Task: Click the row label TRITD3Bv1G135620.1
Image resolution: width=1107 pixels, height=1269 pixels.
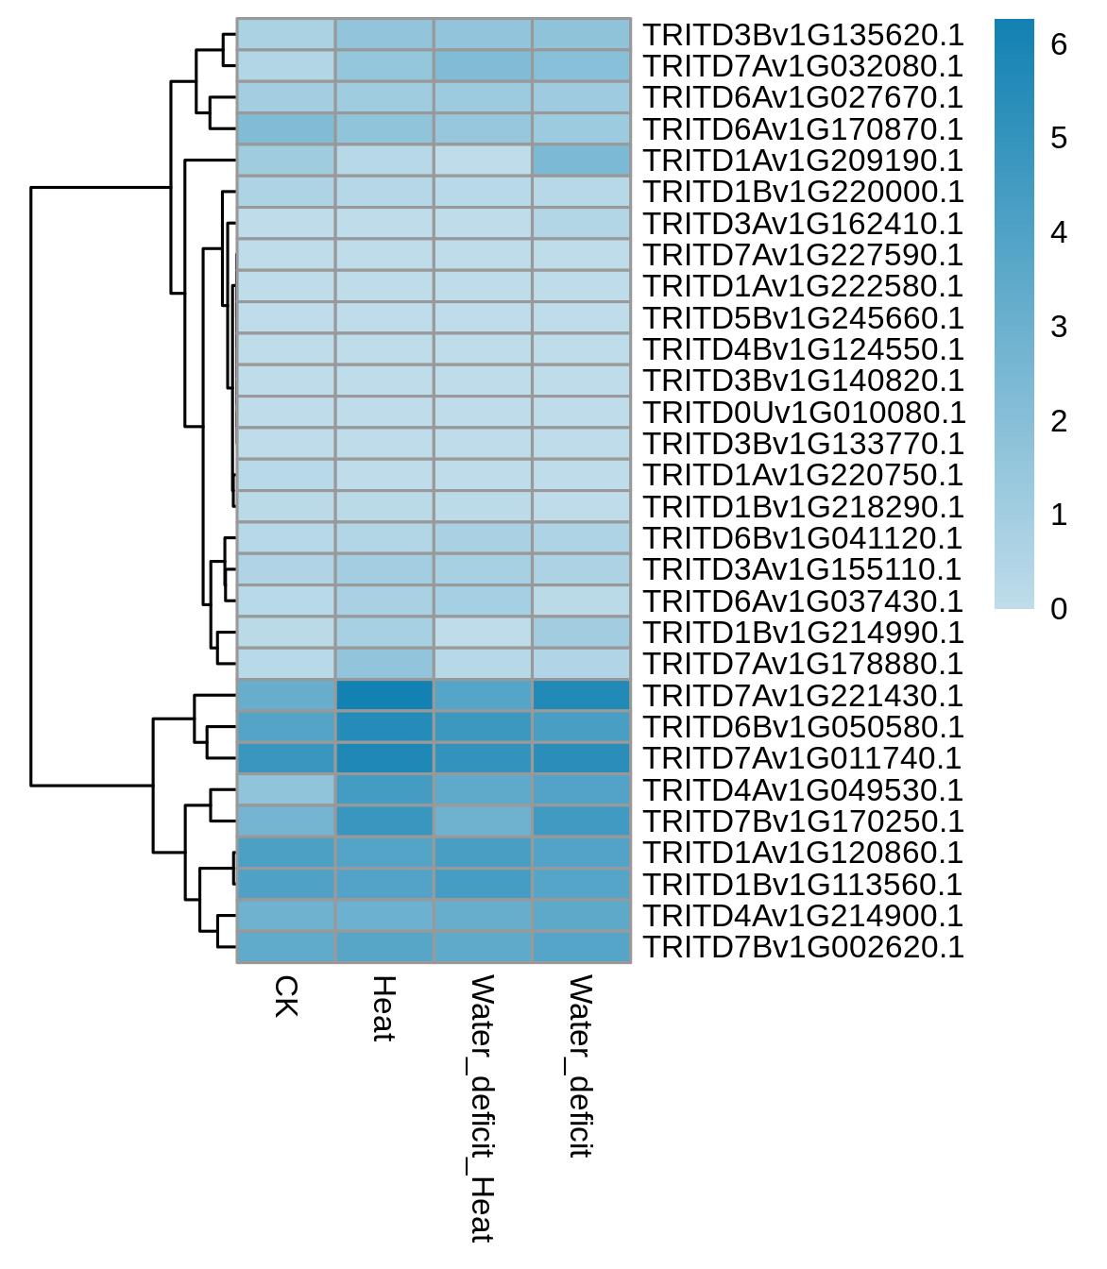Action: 802,35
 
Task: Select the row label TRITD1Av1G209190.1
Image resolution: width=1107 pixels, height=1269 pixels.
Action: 802,161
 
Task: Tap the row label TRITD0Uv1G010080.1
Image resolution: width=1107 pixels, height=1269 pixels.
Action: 804,413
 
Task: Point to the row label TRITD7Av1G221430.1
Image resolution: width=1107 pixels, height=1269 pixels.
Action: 802,695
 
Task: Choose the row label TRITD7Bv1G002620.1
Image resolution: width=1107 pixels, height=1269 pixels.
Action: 802,947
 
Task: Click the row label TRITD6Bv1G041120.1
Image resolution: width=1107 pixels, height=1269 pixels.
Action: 802,538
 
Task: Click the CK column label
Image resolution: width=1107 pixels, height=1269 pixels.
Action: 286,996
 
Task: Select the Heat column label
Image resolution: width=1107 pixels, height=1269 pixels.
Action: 384,1008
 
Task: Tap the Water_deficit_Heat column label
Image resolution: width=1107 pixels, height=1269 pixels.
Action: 482,1109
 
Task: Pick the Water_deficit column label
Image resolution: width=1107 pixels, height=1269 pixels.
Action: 581,1066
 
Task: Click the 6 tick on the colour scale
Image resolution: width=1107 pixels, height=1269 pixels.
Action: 1059,44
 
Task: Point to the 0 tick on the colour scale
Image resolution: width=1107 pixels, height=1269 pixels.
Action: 1059,608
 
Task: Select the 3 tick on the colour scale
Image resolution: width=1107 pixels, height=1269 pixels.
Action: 1059,327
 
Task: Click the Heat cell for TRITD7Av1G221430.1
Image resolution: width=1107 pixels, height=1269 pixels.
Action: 384,695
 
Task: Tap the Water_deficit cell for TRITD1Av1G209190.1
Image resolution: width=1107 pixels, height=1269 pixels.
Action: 582,161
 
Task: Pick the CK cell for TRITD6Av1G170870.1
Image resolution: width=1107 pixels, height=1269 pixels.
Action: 286,129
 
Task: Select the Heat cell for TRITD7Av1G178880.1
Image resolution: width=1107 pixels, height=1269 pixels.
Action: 384,664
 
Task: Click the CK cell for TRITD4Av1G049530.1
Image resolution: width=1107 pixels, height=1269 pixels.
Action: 286,789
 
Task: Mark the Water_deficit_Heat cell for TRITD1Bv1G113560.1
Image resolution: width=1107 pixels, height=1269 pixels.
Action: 483,884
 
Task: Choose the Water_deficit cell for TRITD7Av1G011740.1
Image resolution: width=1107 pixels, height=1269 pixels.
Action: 582,758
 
